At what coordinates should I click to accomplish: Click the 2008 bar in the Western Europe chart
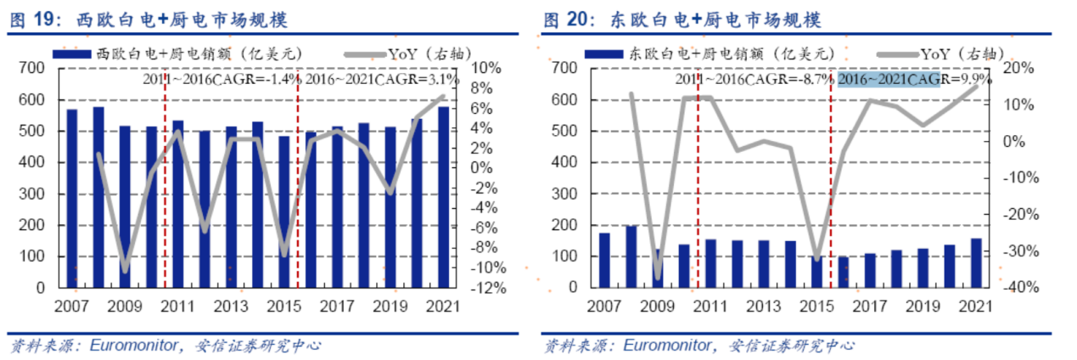pyautogui.click(x=98, y=197)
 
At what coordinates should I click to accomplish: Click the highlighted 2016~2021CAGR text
pyautogui.click(x=889, y=79)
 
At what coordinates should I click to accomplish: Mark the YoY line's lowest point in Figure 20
pyautogui.click(x=658, y=277)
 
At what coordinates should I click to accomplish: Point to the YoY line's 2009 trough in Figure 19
pyautogui.click(x=126, y=271)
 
